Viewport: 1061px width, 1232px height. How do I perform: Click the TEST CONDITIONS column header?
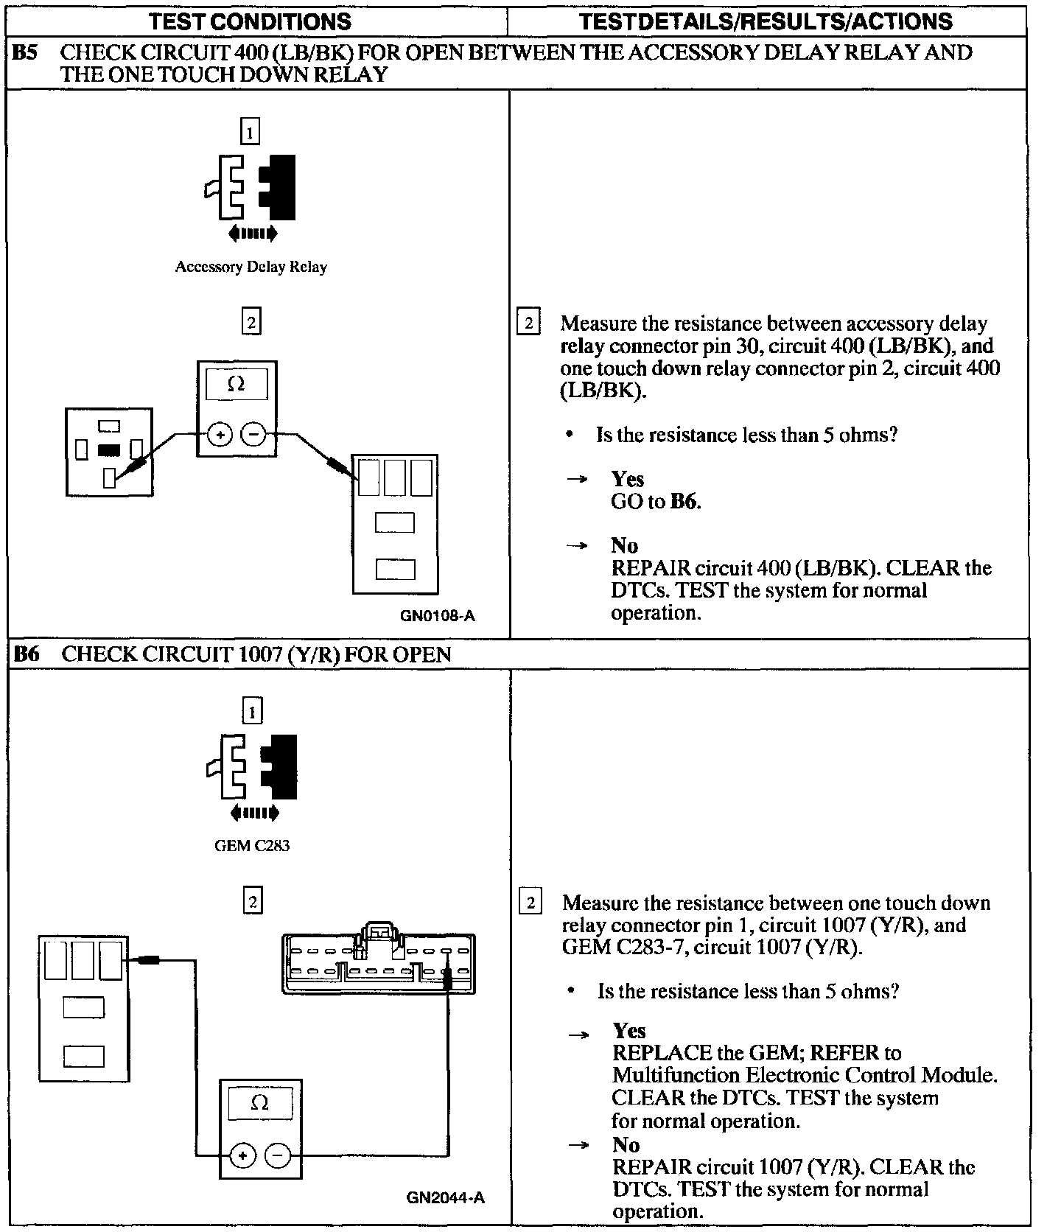(x=250, y=21)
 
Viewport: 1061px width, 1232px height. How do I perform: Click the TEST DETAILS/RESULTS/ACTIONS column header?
(x=766, y=21)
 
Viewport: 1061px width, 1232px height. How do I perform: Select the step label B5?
(x=26, y=53)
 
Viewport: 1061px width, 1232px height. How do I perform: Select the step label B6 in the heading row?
(x=27, y=654)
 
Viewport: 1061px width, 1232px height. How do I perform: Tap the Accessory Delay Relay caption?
(x=251, y=267)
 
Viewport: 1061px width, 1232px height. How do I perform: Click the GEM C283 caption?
(x=252, y=846)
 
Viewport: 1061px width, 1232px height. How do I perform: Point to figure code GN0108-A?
(x=437, y=615)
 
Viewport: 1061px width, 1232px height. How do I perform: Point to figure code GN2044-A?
(x=445, y=1198)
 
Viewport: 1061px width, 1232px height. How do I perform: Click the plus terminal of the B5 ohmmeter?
(x=219, y=435)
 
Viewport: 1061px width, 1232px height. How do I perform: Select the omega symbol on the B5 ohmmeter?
(x=237, y=385)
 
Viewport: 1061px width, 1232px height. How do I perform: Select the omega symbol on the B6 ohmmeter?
(x=260, y=1104)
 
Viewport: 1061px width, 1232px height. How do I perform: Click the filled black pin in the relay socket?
(x=109, y=449)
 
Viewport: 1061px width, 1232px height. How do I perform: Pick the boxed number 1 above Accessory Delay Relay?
(x=251, y=133)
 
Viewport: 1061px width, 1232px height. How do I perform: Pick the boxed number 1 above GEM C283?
(x=252, y=712)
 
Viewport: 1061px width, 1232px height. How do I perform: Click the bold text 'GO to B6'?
(x=656, y=502)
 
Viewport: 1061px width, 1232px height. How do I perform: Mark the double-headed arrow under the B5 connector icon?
(x=253, y=234)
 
